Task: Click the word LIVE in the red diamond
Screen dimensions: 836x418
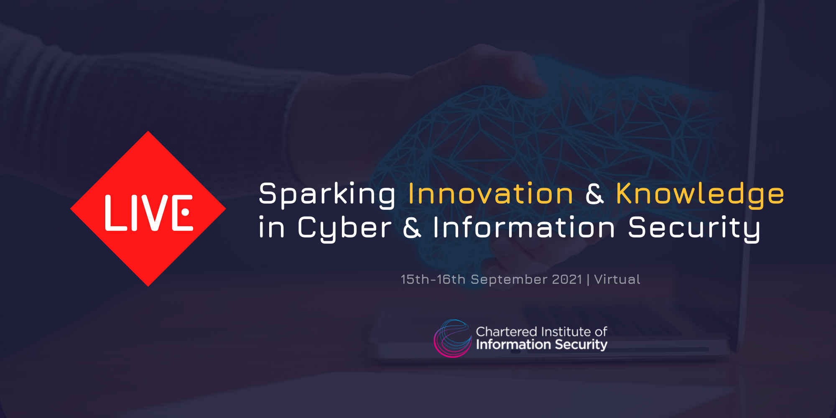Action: [149, 213]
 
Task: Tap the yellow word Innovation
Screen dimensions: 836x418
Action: [491, 194]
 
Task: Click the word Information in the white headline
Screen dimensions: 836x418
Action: [524, 228]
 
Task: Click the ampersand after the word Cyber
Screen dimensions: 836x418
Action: [412, 228]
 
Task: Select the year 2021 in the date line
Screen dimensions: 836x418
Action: [567, 279]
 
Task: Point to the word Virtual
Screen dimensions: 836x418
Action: [617, 279]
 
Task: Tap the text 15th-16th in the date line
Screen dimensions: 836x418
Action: [433, 279]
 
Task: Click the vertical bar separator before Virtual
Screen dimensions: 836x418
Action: [588, 280]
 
